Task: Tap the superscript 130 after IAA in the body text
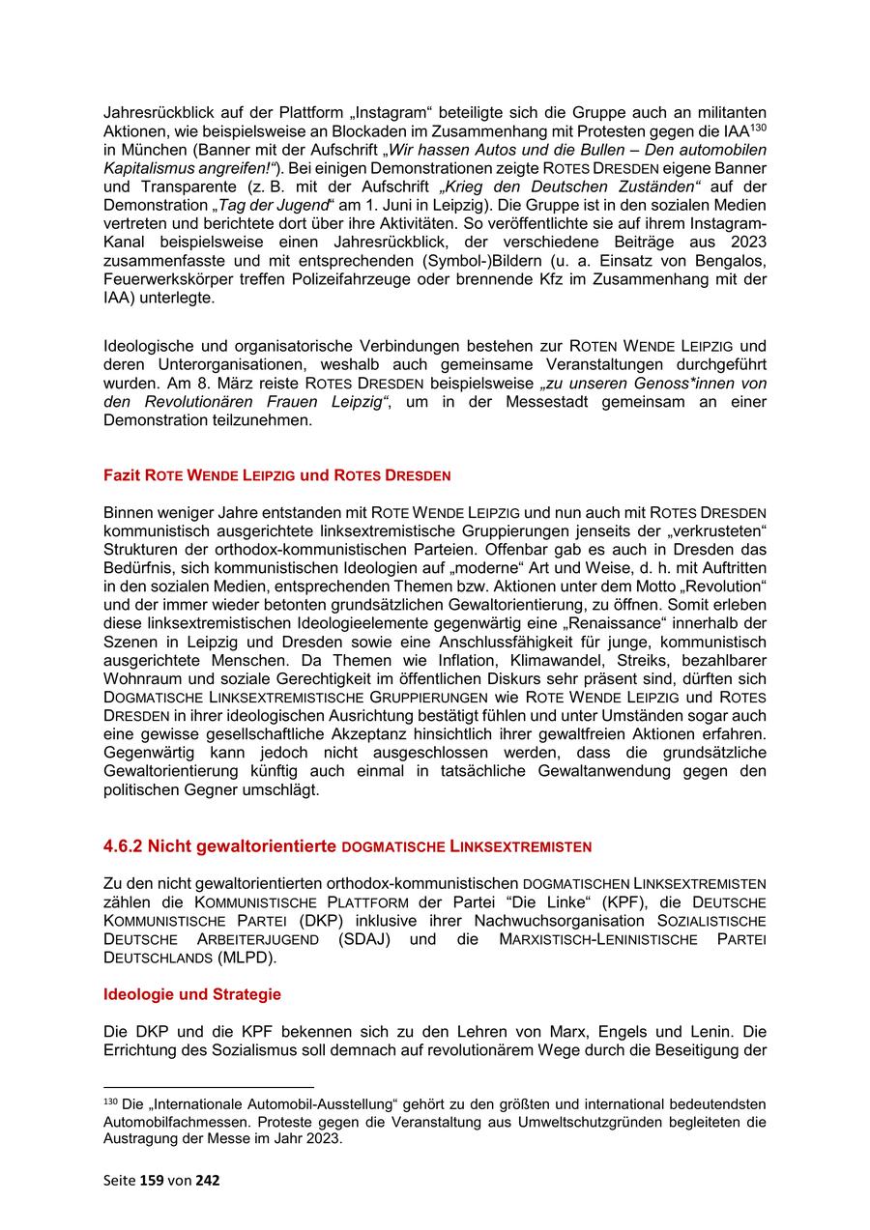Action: click(x=758, y=127)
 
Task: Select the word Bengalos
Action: click(x=732, y=261)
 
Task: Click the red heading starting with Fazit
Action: click(x=276, y=475)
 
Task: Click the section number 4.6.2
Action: click(x=124, y=846)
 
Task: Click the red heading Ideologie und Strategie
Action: click(x=192, y=994)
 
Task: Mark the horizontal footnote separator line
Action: click(x=209, y=1087)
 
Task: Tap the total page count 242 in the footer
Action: click(x=208, y=1180)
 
